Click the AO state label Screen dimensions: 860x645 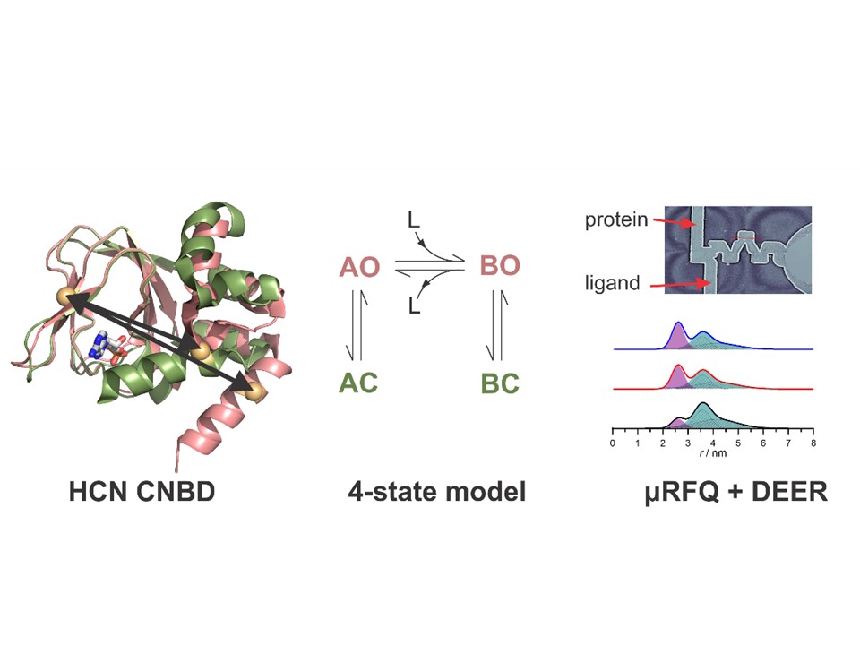359,268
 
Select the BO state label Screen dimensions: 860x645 500,266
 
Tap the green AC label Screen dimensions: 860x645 358,383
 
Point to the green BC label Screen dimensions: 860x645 500,384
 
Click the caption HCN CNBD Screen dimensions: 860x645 142,492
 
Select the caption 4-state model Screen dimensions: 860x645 437,492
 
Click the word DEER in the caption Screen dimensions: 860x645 789,492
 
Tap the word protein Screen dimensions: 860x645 616,220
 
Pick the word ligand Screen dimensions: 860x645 613,282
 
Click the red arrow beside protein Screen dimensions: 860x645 675,222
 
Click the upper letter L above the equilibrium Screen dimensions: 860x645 414,220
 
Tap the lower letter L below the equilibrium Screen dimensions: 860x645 414,305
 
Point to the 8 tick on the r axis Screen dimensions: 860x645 813,443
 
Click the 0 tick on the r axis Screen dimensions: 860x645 613,443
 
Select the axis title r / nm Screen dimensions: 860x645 713,453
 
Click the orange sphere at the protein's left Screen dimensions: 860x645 64,297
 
